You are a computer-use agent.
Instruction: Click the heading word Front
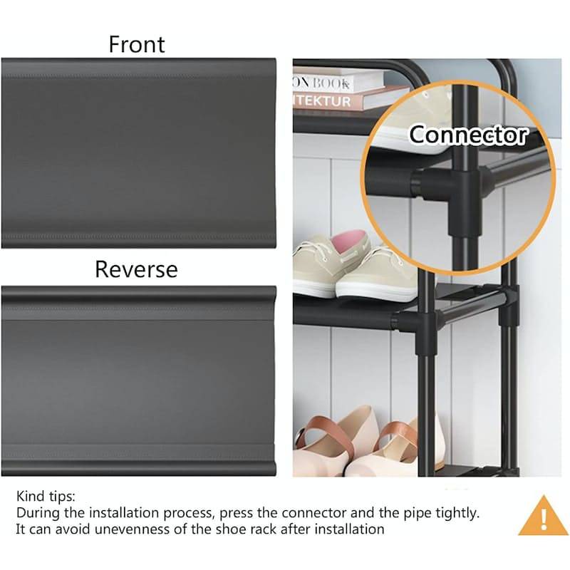tap(137, 44)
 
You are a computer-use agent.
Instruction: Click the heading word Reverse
tap(137, 269)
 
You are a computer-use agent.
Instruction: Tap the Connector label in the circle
tap(468, 135)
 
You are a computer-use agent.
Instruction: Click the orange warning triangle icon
tap(543, 516)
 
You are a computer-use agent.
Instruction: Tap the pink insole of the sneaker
tap(350, 239)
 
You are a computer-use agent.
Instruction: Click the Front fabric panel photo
tap(138, 153)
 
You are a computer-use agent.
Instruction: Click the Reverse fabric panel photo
tap(138, 381)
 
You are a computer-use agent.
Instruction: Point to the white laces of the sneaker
tap(317, 252)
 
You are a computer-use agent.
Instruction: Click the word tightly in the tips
tap(456, 513)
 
